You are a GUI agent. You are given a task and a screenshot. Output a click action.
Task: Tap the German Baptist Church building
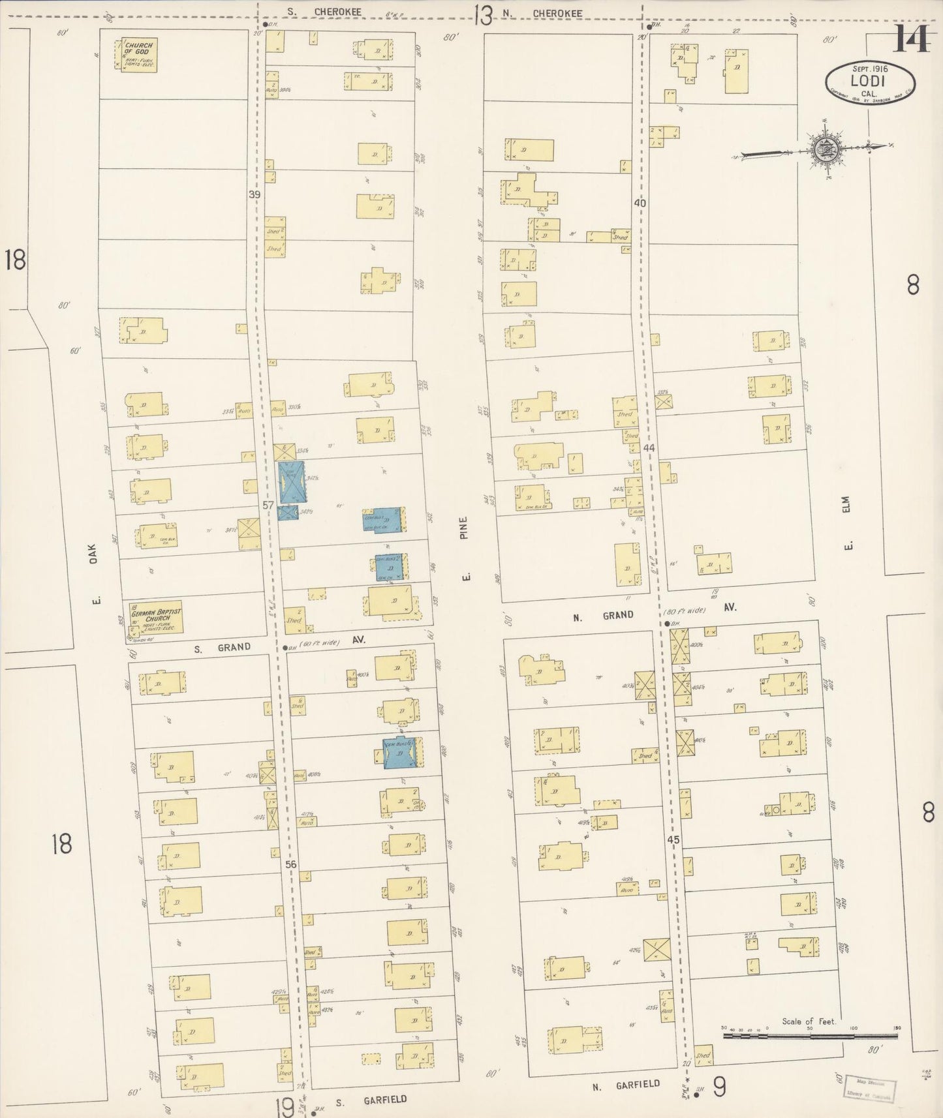(156, 616)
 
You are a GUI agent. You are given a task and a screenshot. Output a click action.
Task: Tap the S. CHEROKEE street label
(324, 12)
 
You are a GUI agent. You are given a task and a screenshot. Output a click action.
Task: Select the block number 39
(254, 194)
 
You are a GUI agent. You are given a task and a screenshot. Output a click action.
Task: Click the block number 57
(268, 505)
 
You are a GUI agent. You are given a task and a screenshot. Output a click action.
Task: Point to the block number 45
(673, 840)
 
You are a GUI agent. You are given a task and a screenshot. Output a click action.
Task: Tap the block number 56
(291, 864)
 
